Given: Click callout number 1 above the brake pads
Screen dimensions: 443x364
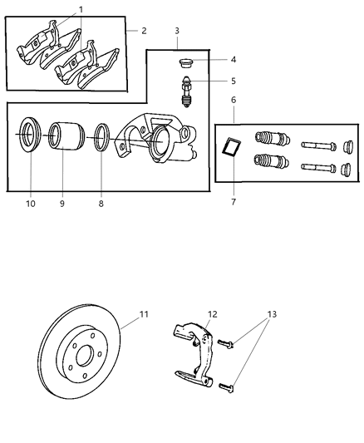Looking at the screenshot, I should coord(81,9).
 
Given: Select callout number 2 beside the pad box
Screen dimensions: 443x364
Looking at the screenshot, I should coord(143,31).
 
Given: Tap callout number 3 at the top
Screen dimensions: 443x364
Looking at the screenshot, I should coord(177,31).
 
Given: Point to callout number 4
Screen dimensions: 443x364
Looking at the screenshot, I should coord(234,59).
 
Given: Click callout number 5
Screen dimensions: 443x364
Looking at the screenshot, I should coord(234,81).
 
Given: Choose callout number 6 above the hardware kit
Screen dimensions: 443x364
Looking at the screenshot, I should coord(234,100).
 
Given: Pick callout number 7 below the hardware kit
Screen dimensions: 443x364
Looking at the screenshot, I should coord(234,202).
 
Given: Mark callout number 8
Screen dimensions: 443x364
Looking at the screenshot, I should coord(102,202).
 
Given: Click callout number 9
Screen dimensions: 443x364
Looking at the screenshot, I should coord(61,202).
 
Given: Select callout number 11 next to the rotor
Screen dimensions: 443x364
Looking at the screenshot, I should coord(144,314).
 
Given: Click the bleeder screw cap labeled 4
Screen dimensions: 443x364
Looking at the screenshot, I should coord(187,62).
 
